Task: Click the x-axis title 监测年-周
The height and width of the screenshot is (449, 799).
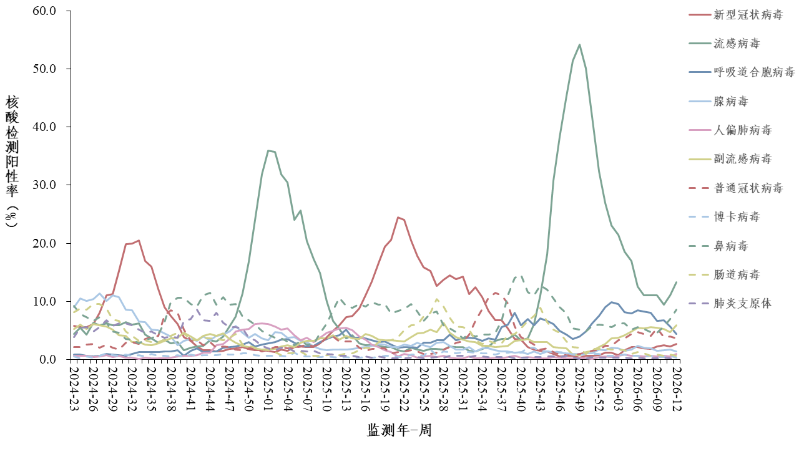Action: [399, 430]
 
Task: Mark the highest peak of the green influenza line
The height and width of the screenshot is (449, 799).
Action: [579, 44]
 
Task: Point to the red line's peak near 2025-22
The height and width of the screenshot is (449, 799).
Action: [398, 217]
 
